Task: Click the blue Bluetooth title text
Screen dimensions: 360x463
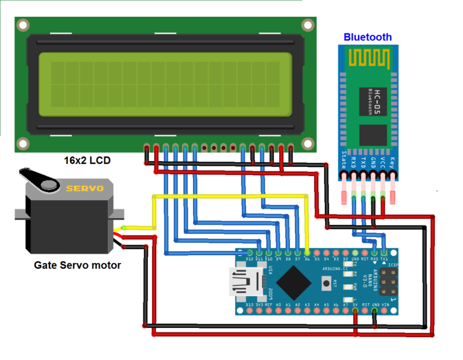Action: (367, 37)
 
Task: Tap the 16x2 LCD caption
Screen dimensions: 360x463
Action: (87, 161)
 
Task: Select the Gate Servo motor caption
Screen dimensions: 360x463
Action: (77, 265)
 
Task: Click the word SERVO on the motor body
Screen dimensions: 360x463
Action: (84, 189)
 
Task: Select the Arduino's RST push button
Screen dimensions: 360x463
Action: (327, 282)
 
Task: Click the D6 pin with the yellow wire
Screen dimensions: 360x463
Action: (307, 253)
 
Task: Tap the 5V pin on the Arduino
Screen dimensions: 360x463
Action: (355, 311)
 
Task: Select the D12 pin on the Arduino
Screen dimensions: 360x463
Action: (250, 253)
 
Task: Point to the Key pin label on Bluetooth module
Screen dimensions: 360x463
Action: (392, 163)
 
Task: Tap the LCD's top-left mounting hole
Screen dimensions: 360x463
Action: (23, 25)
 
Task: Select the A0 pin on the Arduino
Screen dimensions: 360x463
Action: (279, 311)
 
